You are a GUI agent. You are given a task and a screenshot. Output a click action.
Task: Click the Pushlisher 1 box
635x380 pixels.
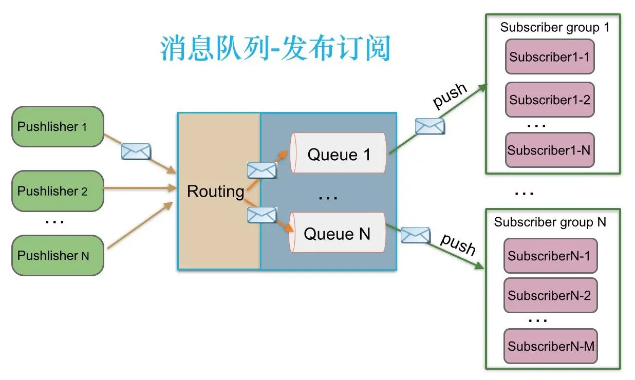(x=58, y=127)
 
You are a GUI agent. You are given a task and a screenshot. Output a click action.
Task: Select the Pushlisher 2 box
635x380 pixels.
(x=58, y=191)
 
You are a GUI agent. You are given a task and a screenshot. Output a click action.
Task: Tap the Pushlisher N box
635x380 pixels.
(x=58, y=255)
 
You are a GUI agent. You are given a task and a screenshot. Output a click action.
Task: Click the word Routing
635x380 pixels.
(x=215, y=192)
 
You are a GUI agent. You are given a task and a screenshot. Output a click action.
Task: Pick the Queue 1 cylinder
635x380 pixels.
(x=338, y=154)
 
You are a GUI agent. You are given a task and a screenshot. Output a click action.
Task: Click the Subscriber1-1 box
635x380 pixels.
(x=549, y=57)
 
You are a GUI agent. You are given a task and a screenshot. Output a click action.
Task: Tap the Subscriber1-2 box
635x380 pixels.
(x=549, y=100)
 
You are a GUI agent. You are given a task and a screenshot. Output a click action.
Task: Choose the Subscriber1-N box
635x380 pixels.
(x=549, y=150)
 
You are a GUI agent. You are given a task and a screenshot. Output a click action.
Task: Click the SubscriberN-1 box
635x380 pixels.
(x=550, y=255)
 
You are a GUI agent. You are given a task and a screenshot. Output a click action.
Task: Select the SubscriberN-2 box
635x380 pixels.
(x=550, y=295)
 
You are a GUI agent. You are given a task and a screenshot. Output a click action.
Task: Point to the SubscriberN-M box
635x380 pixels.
(x=550, y=346)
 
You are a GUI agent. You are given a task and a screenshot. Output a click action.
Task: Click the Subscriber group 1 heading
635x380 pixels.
(x=554, y=28)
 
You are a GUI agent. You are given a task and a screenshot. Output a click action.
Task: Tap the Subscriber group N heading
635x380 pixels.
(x=550, y=222)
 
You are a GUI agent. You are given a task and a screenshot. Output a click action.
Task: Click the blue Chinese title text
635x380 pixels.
(x=275, y=49)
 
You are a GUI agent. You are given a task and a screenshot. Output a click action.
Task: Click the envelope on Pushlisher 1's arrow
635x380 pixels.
(x=136, y=151)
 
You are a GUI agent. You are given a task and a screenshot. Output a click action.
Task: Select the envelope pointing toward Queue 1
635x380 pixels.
(x=262, y=170)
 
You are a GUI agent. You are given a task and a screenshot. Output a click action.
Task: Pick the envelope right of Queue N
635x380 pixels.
(x=415, y=235)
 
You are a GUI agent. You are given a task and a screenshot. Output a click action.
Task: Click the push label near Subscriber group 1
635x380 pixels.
(x=450, y=96)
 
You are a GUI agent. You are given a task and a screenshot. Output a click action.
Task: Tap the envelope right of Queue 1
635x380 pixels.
(x=429, y=126)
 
